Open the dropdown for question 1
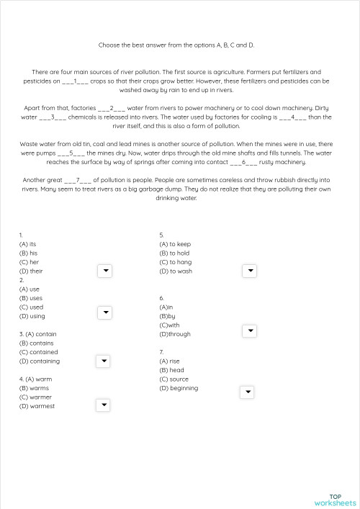click(x=104, y=271)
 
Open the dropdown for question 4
click(x=104, y=405)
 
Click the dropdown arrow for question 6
click(x=249, y=330)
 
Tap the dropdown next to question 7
click(x=247, y=392)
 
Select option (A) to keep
click(x=175, y=244)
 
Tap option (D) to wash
click(x=176, y=271)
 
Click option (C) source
click(x=174, y=379)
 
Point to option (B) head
click(x=171, y=370)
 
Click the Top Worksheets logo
click(x=335, y=499)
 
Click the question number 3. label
click(x=21, y=334)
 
